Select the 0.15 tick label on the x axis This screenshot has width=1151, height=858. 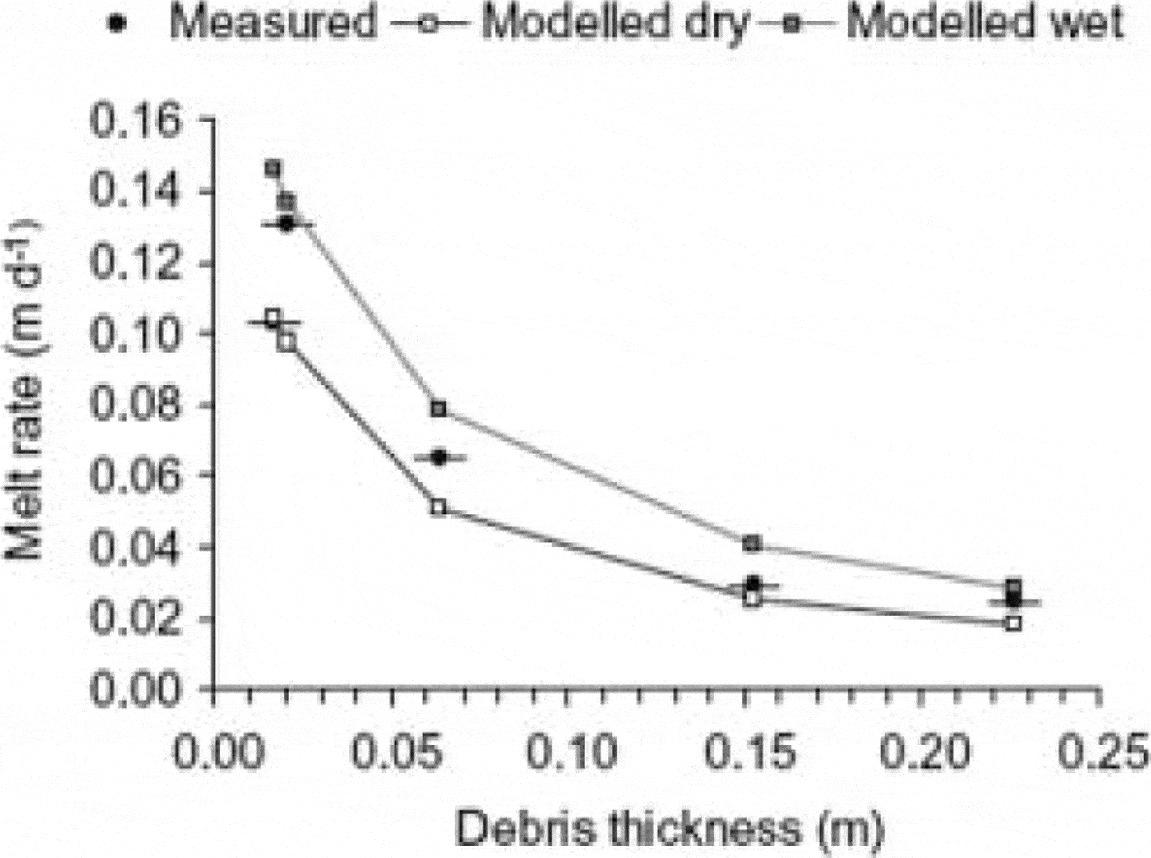751,752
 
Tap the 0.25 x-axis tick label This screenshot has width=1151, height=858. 1103,752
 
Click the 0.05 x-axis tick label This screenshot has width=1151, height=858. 395,752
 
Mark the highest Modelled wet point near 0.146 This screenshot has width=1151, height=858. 273,168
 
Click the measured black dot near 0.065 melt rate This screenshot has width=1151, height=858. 439,457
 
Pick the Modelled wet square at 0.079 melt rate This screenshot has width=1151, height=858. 439,408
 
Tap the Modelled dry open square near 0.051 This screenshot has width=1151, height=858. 438,507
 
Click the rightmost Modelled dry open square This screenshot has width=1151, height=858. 1014,623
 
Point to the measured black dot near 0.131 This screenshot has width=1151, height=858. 286,224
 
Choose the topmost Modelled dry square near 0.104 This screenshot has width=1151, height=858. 273,318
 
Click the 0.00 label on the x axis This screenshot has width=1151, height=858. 215,752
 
